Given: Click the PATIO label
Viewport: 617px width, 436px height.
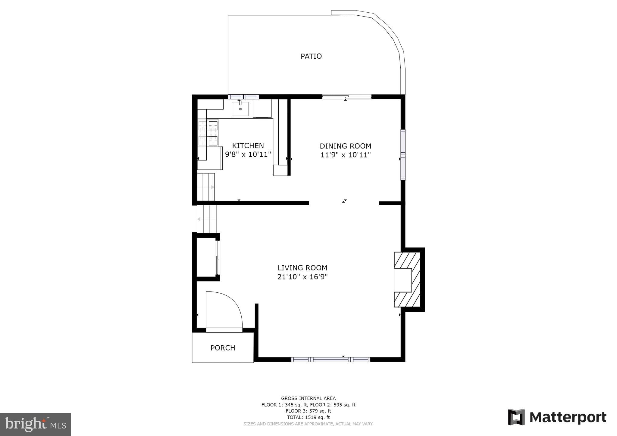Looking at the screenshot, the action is click(311, 56).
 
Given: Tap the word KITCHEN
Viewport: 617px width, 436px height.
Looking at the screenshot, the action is click(248, 146).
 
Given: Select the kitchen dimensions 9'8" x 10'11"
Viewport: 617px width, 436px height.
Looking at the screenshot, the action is click(248, 154).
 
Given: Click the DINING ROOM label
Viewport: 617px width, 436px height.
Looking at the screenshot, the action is click(346, 146).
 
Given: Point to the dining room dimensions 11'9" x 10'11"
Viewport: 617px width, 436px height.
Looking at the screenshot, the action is click(346, 155).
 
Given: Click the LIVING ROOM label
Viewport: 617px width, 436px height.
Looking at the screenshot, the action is click(302, 268).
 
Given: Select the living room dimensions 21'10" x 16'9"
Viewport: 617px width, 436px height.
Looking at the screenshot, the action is click(302, 277).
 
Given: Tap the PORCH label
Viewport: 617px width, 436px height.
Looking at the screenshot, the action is click(223, 348).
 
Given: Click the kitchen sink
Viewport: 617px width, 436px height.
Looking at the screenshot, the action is click(240, 109).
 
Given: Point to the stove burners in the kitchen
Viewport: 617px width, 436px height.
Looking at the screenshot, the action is click(208, 133).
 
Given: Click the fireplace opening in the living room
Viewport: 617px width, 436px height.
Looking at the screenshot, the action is click(403, 280).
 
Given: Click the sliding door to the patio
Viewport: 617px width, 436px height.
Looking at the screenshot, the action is click(347, 97).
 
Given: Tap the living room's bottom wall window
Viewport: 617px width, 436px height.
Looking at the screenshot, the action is click(330, 359).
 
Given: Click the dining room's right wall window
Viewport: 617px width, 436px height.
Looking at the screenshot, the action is click(403, 155).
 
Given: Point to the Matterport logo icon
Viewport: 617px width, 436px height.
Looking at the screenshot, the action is click(516, 417).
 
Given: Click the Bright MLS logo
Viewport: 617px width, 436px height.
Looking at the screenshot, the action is click(36, 424).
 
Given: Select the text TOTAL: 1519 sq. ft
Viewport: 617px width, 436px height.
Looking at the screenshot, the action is click(308, 417).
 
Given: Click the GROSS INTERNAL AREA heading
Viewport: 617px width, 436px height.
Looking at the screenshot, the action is click(308, 398).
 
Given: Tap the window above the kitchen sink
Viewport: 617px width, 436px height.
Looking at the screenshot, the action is click(243, 97).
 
